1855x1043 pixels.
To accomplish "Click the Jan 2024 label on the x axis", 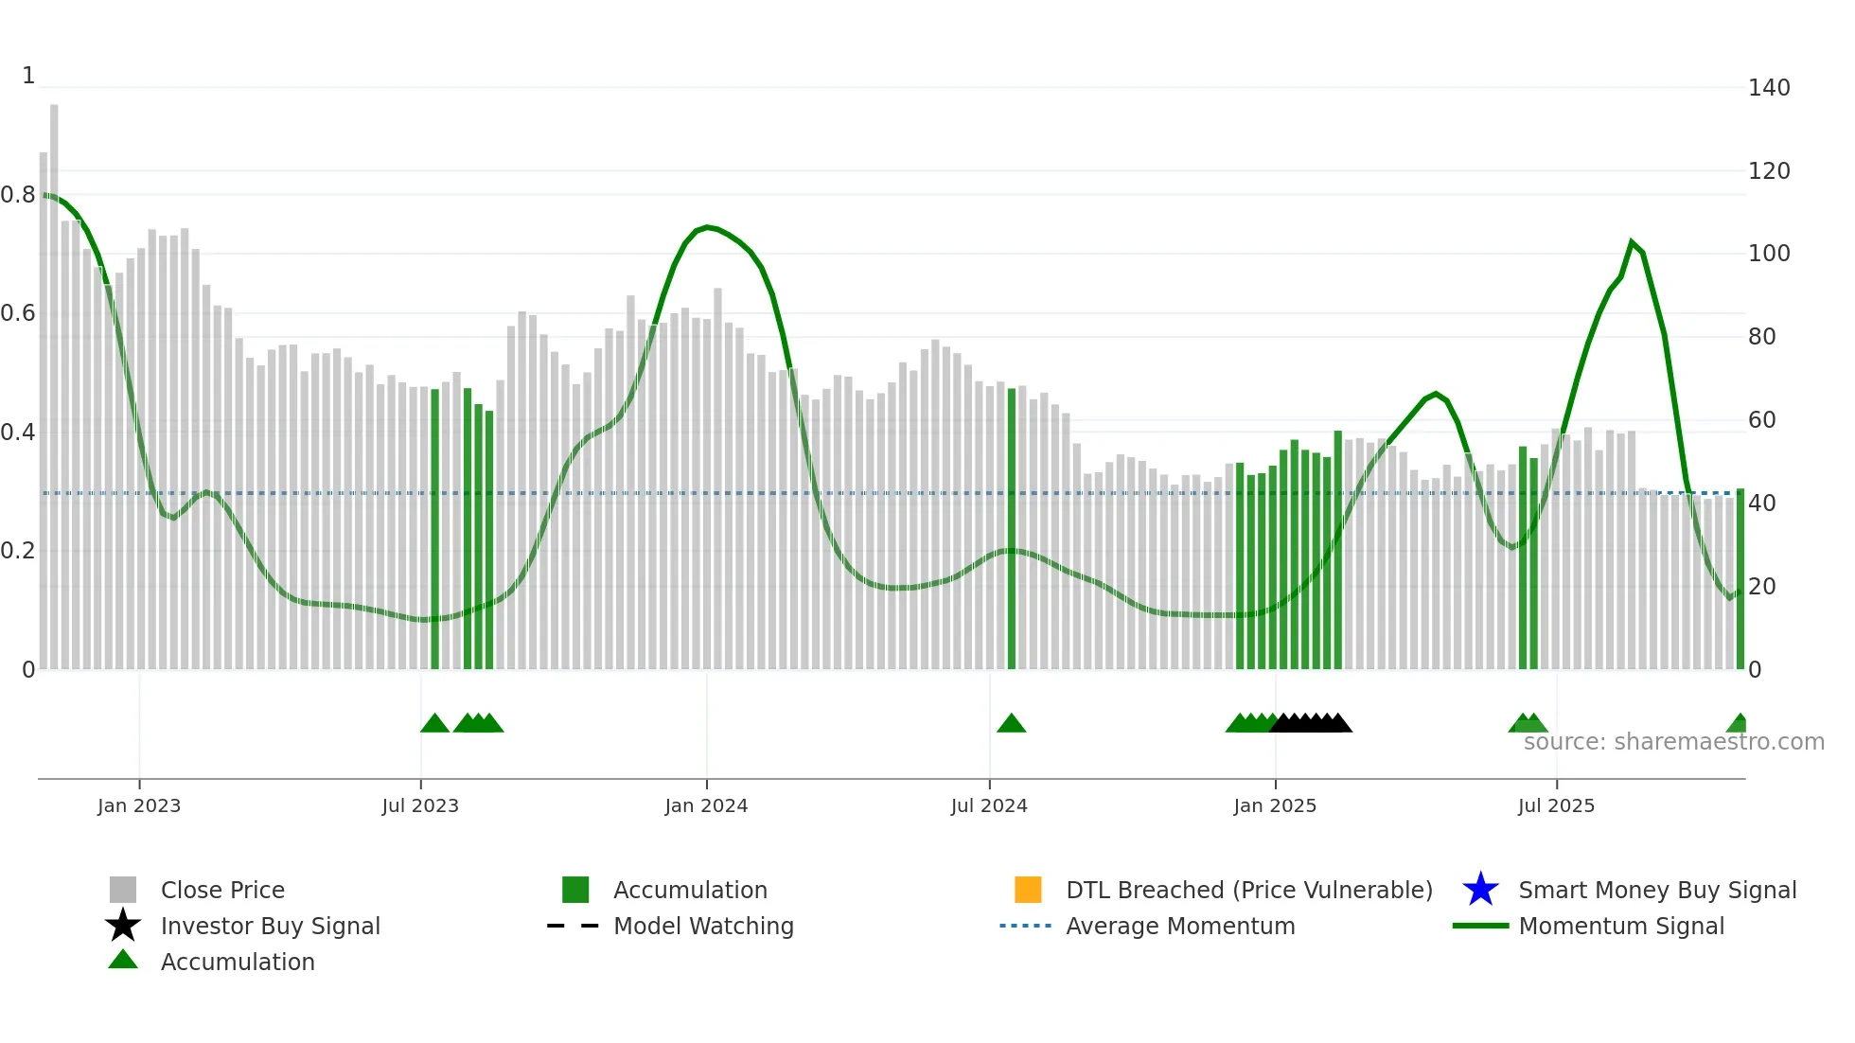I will coord(706,805).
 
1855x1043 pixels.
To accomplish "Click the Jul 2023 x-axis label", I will coord(420,805).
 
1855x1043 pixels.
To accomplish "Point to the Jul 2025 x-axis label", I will coord(1556,805).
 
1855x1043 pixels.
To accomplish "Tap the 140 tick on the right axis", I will coord(1769,88).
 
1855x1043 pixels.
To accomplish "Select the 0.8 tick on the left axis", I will coord(18,195).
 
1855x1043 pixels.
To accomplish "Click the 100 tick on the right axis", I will coord(1769,254).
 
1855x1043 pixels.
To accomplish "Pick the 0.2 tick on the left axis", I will coord(18,551).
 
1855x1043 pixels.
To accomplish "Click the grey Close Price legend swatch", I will coord(123,890).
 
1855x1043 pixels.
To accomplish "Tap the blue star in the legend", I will coord(1480,890).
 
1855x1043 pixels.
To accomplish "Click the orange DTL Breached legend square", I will coord(1028,890).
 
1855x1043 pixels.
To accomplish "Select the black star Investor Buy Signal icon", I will coord(123,926).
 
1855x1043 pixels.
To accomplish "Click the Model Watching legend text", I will coord(703,926).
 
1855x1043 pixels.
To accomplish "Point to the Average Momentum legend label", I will coord(1180,926).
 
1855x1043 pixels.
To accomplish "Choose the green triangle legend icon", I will coord(123,961).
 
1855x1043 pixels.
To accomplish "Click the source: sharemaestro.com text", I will coord(1673,742).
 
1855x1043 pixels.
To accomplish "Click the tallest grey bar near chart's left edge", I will coord(54,379).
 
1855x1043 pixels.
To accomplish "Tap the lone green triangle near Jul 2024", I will coord(1011,724).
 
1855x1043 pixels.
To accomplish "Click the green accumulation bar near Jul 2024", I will coord(1011,530).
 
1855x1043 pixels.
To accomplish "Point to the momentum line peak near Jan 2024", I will coord(707,227).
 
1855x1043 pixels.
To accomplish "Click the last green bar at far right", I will coord(1740,577).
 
